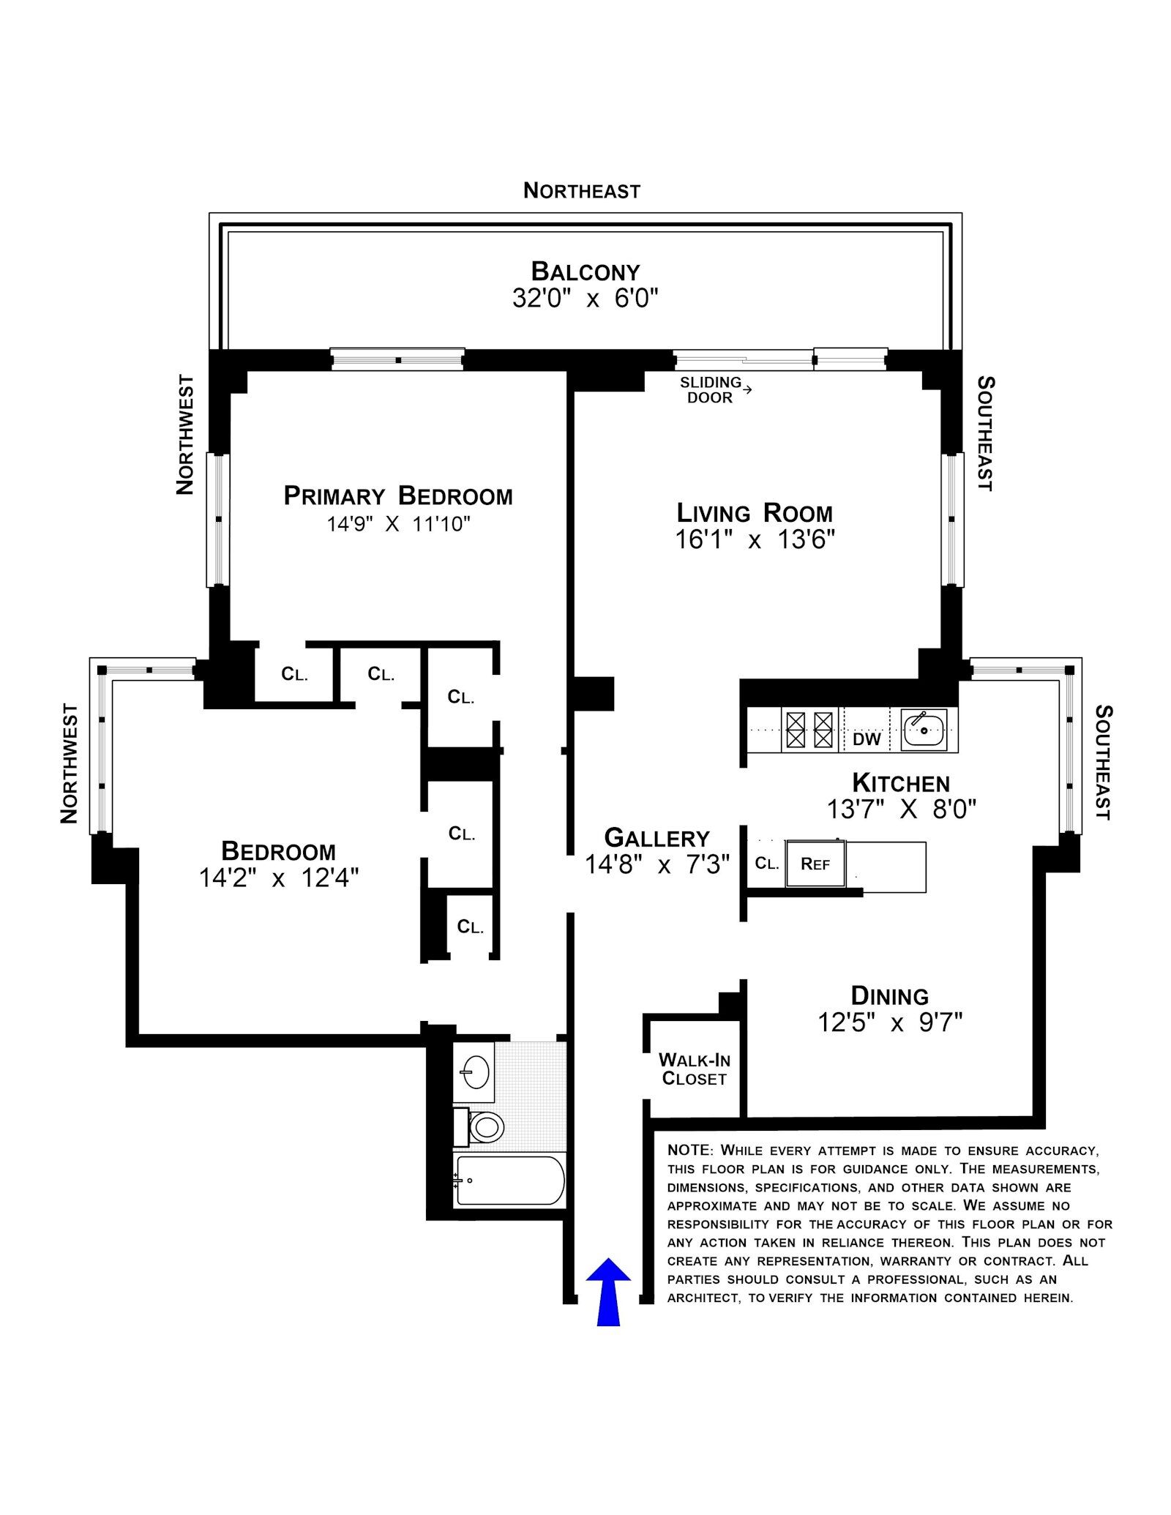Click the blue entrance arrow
[608, 1291]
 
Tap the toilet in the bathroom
[479, 1127]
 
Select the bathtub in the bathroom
[509, 1180]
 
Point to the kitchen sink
[924, 729]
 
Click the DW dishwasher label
[867, 739]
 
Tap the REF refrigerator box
[815, 864]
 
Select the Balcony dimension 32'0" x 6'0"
[585, 299]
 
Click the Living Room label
[755, 512]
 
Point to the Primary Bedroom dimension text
[398, 524]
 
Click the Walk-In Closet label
[694, 1069]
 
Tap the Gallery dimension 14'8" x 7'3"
[657, 865]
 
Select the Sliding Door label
[711, 390]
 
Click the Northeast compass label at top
[582, 191]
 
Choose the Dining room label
[889, 995]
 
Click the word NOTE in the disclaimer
[689, 1151]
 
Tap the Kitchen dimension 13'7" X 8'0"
[901, 809]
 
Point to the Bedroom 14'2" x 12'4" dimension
[279, 878]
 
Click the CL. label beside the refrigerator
[766, 864]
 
